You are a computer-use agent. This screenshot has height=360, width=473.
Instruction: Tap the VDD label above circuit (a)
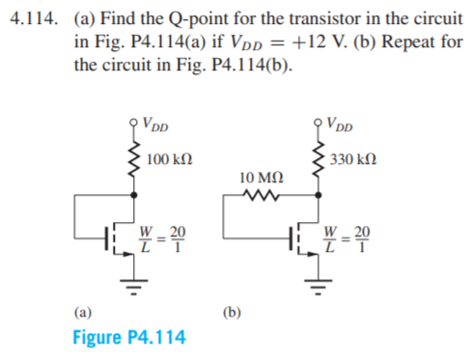pos(153,123)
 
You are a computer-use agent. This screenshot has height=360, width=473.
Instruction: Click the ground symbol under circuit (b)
pos(315,284)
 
